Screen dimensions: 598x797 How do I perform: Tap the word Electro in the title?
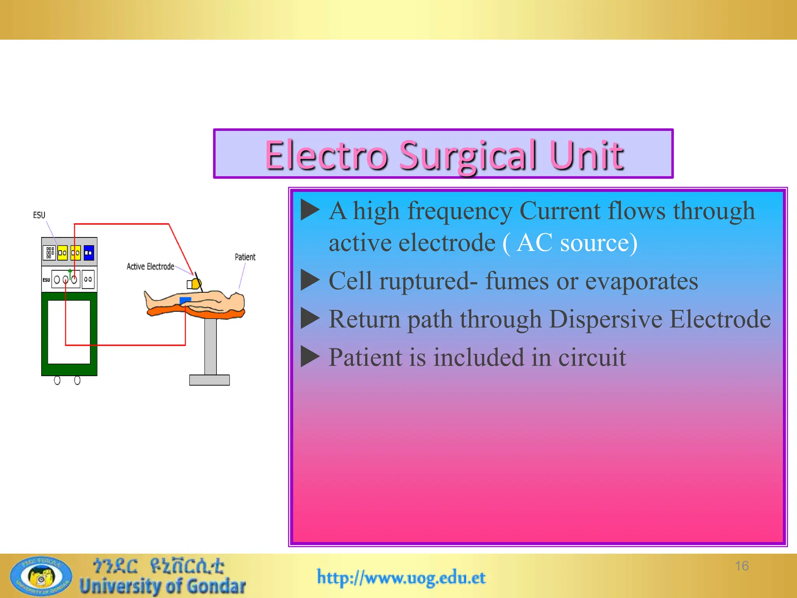[326, 156]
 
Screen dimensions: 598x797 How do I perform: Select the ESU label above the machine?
[39, 215]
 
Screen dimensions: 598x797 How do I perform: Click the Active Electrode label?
[150, 266]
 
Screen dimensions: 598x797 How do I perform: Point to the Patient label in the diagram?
[245, 257]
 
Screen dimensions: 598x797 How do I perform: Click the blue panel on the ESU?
[89, 253]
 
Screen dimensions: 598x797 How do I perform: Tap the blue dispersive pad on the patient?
[185, 300]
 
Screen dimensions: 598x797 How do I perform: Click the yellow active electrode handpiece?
[196, 284]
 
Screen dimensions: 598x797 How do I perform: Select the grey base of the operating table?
[209, 380]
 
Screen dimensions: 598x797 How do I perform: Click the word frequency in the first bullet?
[460, 211]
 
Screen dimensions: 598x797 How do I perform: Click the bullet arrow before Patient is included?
[310, 357]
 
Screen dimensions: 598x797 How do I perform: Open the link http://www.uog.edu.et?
[401, 577]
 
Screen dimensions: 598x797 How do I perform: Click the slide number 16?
[742, 566]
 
